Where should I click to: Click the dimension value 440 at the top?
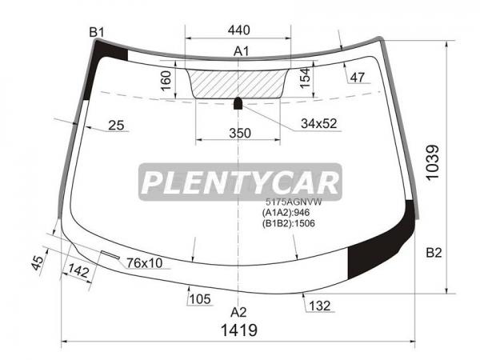click(238, 30)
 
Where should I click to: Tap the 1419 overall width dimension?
click(239, 330)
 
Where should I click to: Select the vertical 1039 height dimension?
click(433, 162)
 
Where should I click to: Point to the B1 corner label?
click(97, 32)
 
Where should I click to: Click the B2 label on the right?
click(434, 253)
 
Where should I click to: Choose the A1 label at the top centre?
click(242, 51)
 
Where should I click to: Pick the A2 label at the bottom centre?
click(238, 312)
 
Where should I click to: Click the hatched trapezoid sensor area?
click(238, 84)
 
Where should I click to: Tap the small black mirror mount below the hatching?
click(238, 103)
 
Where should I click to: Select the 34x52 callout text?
click(318, 123)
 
